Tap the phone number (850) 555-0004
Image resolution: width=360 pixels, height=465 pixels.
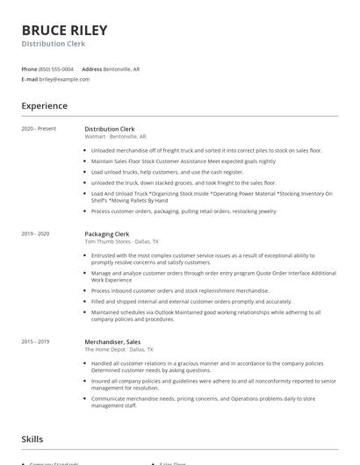(x=56, y=68)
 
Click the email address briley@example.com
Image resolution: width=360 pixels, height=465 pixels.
(x=64, y=79)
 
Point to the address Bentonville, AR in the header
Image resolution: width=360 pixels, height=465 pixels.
(x=121, y=68)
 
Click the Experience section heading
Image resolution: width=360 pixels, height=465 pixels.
(x=44, y=106)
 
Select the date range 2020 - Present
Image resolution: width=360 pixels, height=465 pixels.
(x=39, y=129)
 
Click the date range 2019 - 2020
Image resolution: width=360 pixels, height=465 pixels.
(x=35, y=234)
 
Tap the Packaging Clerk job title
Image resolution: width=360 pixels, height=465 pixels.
(x=106, y=234)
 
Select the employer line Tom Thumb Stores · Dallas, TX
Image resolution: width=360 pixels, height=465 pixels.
(x=121, y=241)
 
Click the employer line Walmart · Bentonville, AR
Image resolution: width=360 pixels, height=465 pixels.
(x=115, y=136)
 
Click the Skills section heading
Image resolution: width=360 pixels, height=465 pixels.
(x=32, y=439)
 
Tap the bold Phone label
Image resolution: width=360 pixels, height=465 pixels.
(x=29, y=68)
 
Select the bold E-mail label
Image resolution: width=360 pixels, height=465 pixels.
(x=30, y=79)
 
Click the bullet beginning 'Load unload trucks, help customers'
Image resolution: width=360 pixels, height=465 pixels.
(x=167, y=172)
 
